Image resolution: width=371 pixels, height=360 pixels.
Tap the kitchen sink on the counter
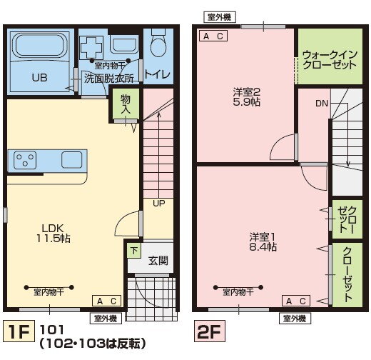point(72,158)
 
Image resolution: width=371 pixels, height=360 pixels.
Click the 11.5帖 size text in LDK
point(54,238)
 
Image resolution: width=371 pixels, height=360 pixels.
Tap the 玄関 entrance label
point(158,261)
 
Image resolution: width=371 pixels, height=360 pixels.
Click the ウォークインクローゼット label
point(329,59)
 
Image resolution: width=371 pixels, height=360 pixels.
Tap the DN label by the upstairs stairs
point(321,104)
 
